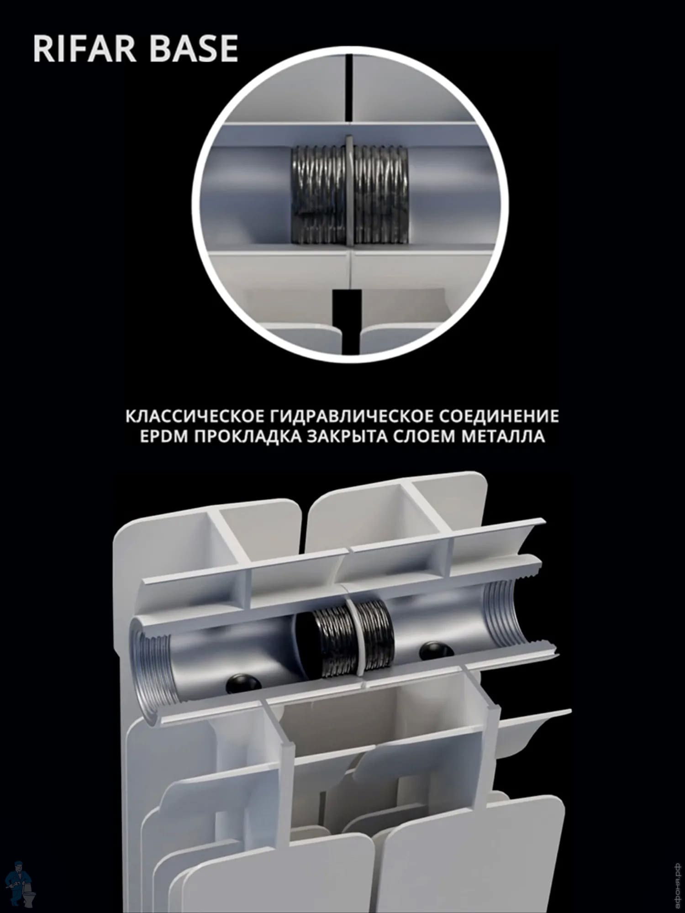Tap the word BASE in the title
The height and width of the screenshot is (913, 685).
pyautogui.click(x=195, y=48)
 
